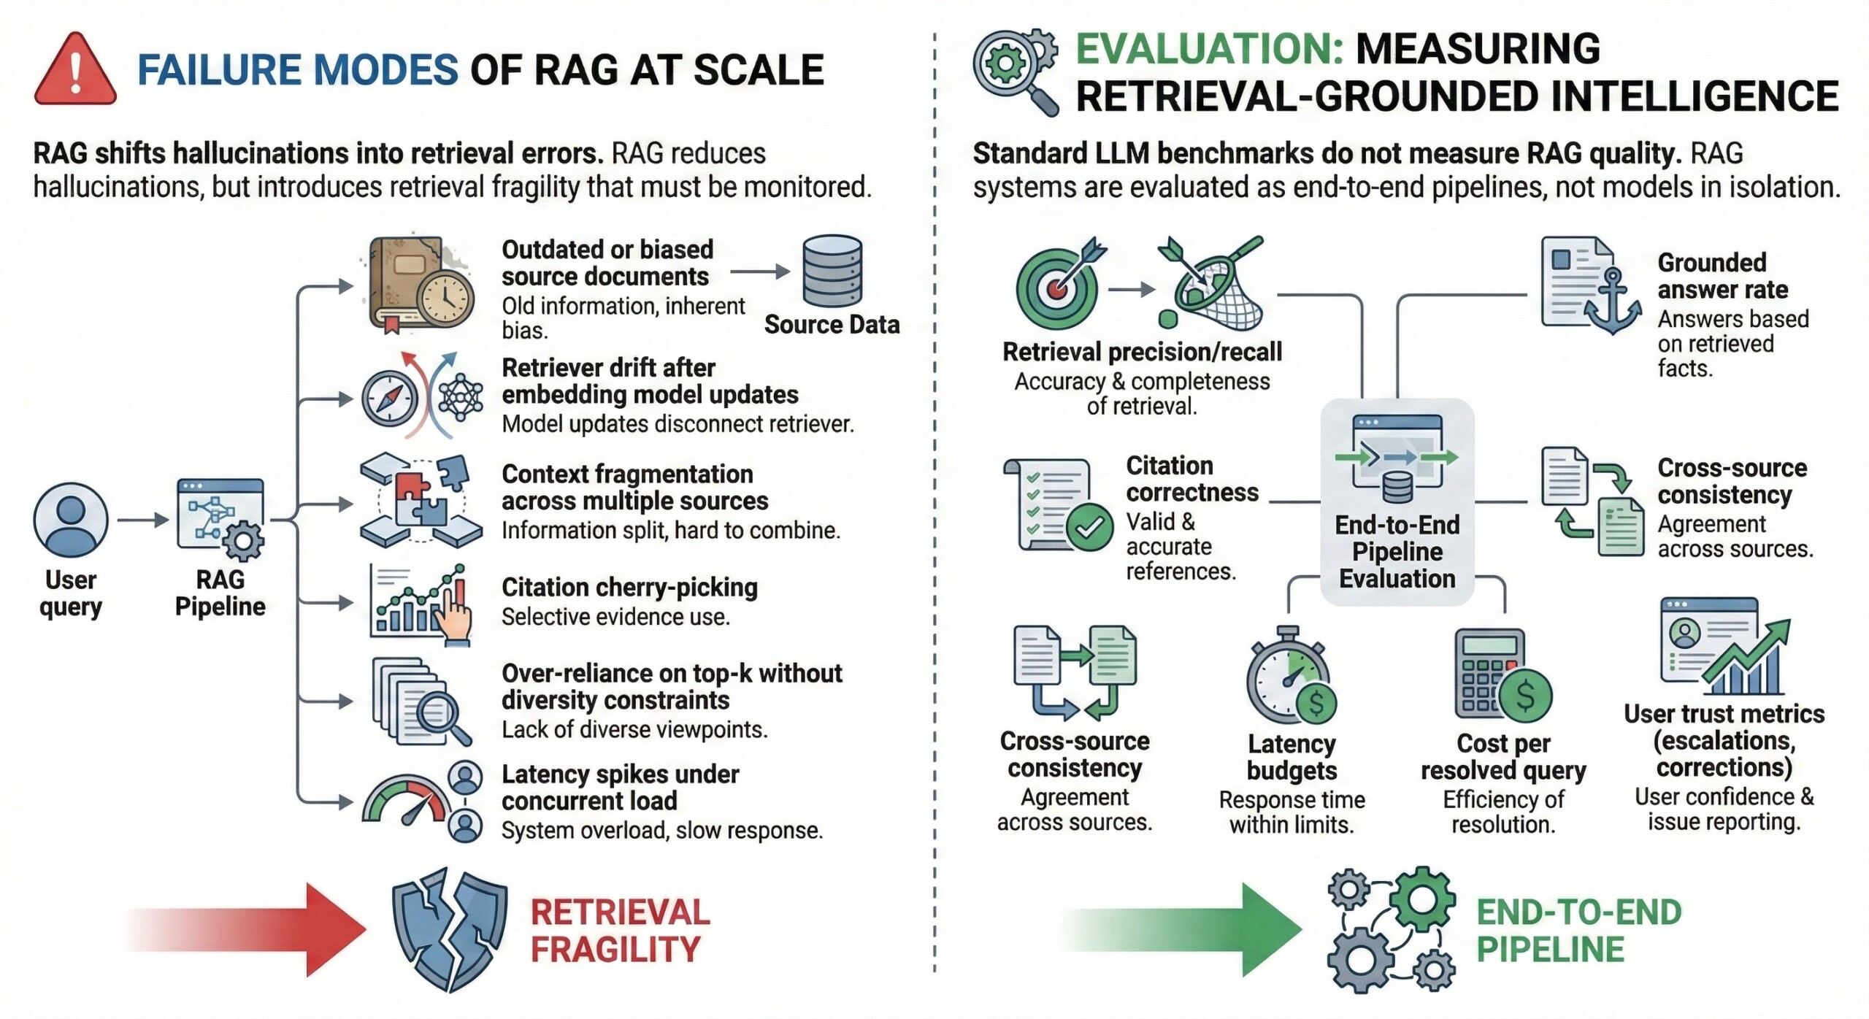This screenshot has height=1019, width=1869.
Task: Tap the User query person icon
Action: pos(71,520)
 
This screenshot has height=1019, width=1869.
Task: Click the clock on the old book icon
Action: pos(444,299)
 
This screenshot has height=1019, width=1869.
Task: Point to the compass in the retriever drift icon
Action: pos(390,399)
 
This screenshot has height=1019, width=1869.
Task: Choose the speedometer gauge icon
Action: pos(406,807)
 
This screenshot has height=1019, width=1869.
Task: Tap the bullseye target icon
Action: pos(1057,288)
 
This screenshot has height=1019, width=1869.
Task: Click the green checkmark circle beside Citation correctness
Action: pos(1089,527)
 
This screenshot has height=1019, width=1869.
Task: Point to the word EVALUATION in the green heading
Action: pos(1209,50)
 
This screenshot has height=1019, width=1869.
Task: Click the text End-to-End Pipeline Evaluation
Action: pos(1397,552)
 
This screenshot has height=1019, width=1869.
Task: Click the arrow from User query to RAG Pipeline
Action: pos(143,520)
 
